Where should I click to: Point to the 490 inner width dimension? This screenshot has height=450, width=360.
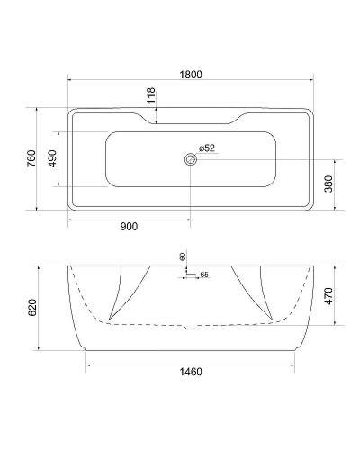click(x=51, y=159)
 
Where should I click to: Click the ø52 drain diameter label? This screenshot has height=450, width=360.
click(x=204, y=148)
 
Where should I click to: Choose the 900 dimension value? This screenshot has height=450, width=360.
click(x=128, y=227)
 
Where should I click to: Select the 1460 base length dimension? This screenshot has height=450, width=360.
click(x=190, y=372)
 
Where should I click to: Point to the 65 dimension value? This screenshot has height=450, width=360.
click(x=203, y=274)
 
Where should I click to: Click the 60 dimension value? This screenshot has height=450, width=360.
click(x=182, y=256)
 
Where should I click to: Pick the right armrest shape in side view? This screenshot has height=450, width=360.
click(x=254, y=292)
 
